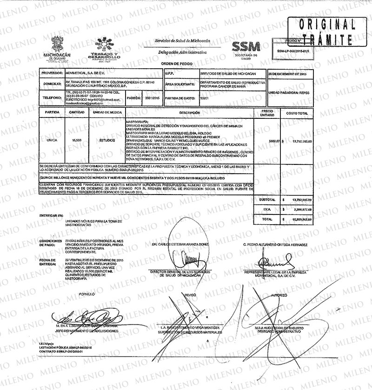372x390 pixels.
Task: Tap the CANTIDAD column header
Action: [77, 112]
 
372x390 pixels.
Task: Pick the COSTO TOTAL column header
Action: [297, 113]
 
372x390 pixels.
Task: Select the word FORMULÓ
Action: [86, 295]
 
